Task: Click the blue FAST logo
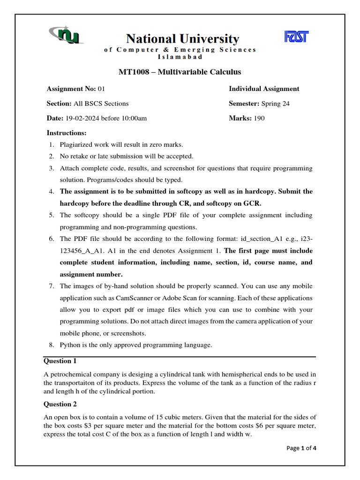coord(296,37)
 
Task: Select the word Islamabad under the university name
coord(180,57)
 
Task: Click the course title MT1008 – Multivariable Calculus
coord(180,72)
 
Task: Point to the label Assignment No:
coord(71,89)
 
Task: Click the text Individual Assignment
coord(264,89)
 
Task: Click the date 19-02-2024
coord(82,118)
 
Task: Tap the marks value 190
coord(259,118)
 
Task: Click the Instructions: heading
coord(67,133)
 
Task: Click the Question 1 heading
coord(60,361)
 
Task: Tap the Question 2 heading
coord(60,404)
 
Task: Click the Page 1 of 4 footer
coord(301,448)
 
